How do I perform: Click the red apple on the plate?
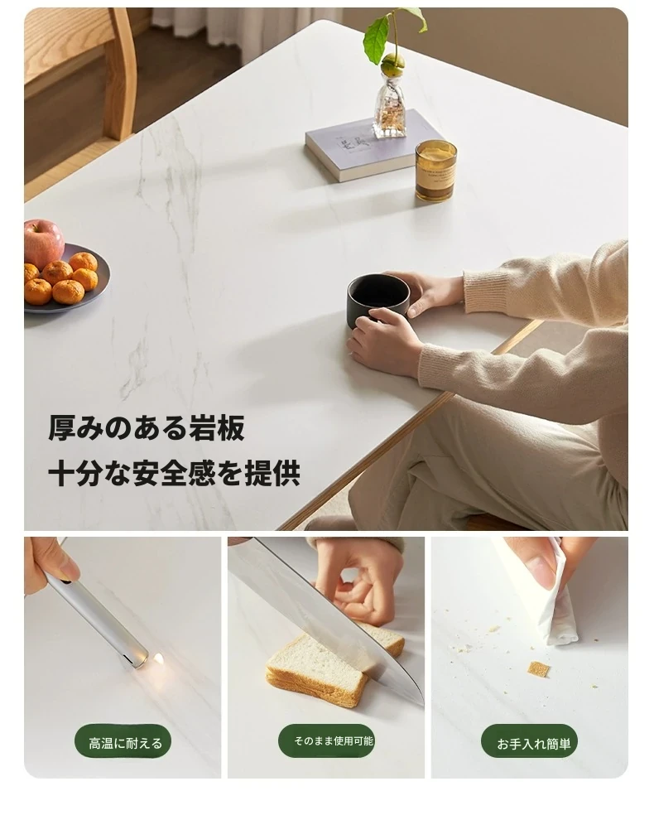pos(43,243)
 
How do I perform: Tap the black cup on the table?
pos(377,300)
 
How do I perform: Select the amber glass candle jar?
pos(435,171)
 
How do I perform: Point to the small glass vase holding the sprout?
pos(390,105)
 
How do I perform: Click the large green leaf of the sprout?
pos(376,39)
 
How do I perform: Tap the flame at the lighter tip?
pos(158,660)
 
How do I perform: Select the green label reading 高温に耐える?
pos(123,743)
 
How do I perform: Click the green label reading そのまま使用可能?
pos(327,740)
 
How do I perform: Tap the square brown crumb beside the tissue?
pos(539,669)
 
